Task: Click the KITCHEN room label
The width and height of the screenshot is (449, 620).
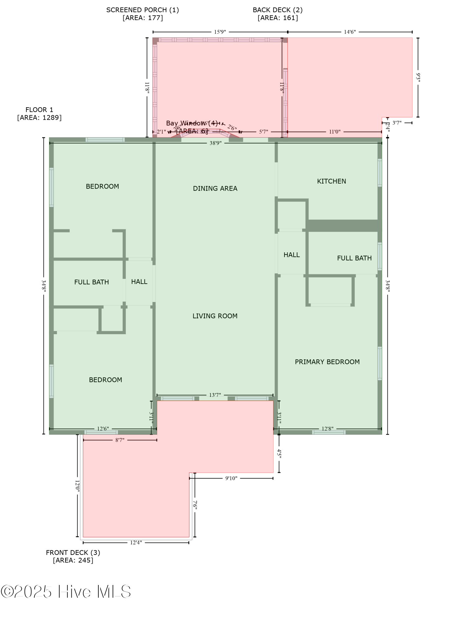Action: [x=331, y=181]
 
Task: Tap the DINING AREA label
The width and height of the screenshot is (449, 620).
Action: [x=215, y=188]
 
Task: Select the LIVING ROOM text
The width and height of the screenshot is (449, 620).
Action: [x=215, y=316]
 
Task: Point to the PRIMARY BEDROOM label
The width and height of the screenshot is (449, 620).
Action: [x=327, y=362]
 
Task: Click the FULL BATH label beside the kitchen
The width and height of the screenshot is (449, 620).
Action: [x=354, y=258]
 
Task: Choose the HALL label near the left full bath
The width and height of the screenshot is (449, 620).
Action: [x=139, y=281]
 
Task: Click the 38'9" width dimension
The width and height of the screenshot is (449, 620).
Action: [x=215, y=143]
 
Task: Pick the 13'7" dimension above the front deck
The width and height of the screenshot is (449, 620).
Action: [x=215, y=395]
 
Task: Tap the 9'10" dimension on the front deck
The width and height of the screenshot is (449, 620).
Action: [x=231, y=478]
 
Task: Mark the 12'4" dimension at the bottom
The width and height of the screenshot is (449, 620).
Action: [x=136, y=542]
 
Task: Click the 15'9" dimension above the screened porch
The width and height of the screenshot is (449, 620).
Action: [x=220, y=32]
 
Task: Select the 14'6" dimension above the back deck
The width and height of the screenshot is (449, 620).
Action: [x=350, y=32]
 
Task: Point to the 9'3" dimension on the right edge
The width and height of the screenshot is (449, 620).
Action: [x=418, y=77]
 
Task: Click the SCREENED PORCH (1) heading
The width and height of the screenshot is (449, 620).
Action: [x=142, y=10]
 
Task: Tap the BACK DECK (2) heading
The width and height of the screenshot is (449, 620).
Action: [x=277, y=10]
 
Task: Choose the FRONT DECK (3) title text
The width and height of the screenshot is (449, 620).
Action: [x=73, y=552]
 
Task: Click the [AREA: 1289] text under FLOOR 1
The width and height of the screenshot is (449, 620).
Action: [x=39, y=117]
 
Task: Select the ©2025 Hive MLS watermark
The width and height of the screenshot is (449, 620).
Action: [x=66, y=592]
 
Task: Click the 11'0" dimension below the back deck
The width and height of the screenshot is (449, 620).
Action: [x=335, y=132]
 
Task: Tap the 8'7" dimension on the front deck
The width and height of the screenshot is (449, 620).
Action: [x=120, y=440]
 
